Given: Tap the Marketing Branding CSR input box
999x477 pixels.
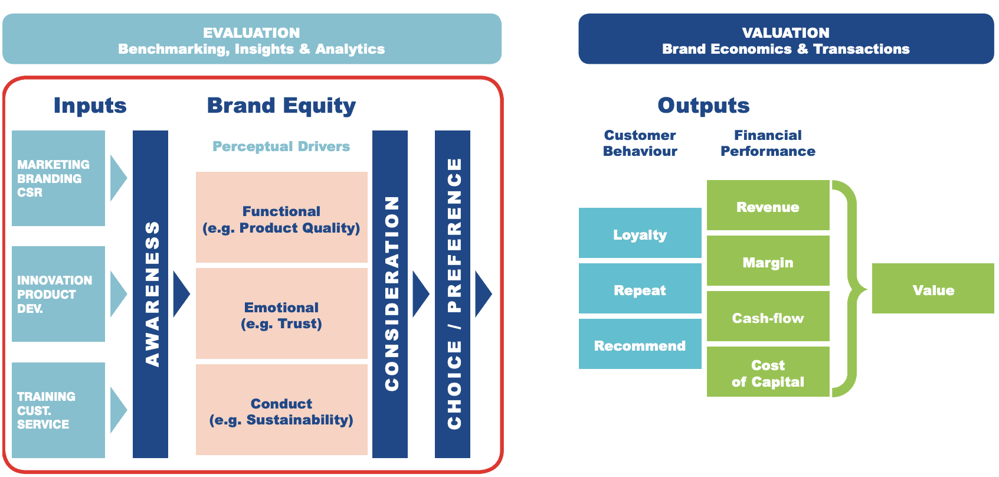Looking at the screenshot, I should coord(58,178).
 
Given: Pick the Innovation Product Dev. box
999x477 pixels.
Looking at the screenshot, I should coord(58,294).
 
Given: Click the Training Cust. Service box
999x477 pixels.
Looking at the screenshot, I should coord(58,410).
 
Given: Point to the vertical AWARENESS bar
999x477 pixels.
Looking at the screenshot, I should coord(150,294).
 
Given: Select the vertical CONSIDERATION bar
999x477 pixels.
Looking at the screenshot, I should coord(390,294).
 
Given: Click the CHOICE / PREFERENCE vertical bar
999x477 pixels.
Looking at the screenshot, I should coord(453,294).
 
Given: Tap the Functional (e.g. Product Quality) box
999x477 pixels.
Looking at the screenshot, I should coord(281,217).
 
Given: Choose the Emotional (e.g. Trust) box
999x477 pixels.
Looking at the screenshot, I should coord(281,313).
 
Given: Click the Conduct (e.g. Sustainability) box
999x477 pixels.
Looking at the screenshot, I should coord(281,410).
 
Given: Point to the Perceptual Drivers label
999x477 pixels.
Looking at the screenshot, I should coord(281,146).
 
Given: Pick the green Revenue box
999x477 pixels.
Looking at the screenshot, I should coord(768,205).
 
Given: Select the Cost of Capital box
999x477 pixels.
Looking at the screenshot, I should coord(768,372).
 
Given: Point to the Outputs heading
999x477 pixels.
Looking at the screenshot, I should coord(703,106).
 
